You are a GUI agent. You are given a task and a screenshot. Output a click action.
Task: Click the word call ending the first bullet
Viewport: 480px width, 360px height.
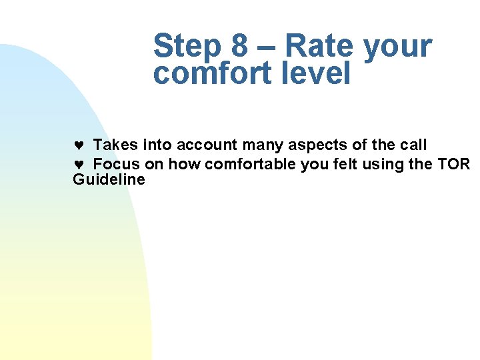click(x=413, y=145)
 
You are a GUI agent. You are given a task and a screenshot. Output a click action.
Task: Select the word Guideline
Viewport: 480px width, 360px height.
click(x=109, y=180)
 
